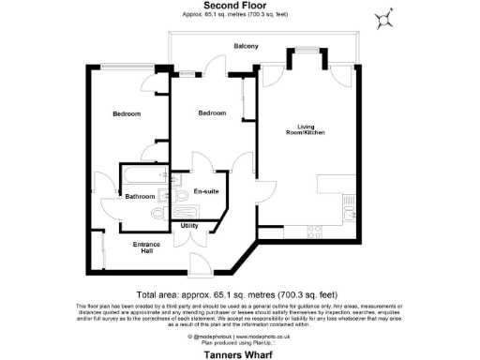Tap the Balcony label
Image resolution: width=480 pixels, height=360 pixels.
click(246, 46)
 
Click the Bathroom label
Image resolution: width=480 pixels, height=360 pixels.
click(141, 196)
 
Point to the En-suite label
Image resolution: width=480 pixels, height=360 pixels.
click(206, 191)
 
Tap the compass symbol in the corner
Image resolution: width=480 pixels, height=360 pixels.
click(383, 20)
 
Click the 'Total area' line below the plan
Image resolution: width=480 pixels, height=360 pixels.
click(240, 292)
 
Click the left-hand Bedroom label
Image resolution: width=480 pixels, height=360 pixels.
click(127, 114)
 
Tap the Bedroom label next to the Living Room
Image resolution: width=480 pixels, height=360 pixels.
click(212, 113)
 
